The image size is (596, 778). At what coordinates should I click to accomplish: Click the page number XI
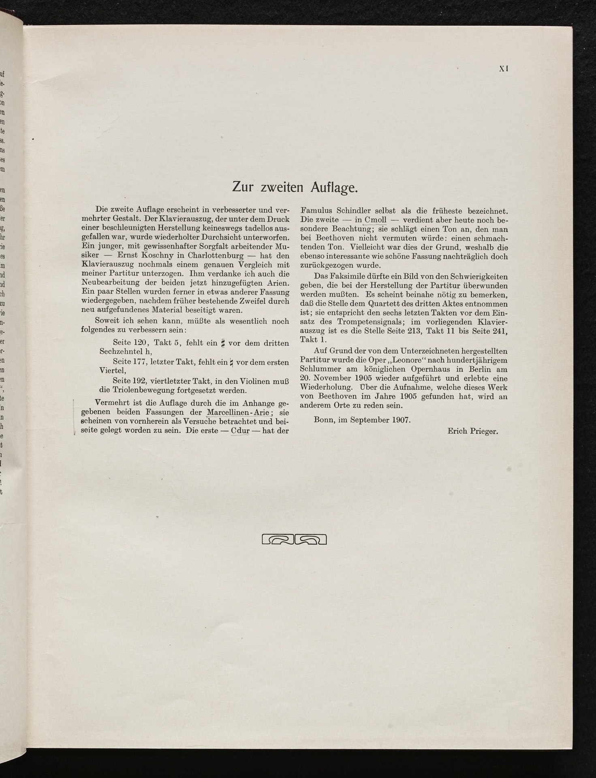tap(504, 69)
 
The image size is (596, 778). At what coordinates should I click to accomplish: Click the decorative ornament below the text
tap(295, 539)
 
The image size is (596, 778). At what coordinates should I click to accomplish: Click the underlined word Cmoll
tap(376, 220)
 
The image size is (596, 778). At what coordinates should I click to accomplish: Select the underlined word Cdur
tap(240, 431)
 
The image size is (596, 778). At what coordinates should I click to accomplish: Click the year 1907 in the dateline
tap(401, 420)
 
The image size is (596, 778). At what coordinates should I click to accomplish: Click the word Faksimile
tap(347, 276)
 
